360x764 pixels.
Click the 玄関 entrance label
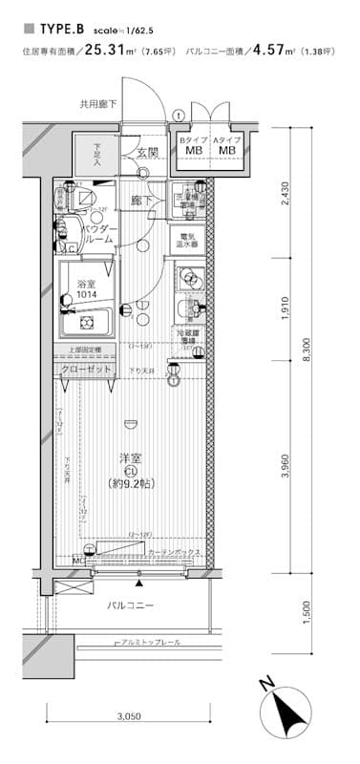click(146, 152)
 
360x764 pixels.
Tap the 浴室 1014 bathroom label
click(88, 287)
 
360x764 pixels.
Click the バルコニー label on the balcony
click(130, 605)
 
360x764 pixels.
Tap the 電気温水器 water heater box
click(187, 240)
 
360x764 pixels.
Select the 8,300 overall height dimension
click(307, 350)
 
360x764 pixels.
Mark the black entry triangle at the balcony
click(140, 583)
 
